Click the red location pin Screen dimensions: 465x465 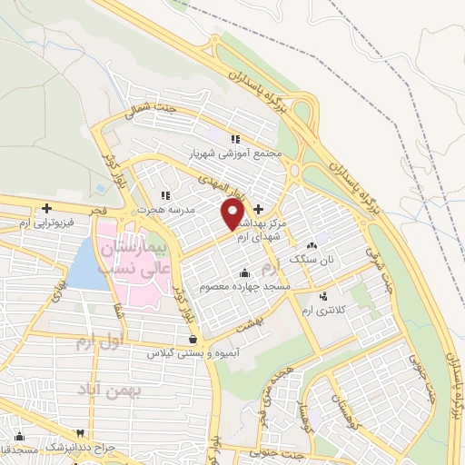(x=232, y=213)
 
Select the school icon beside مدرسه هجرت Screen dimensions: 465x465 (x=164, y=194)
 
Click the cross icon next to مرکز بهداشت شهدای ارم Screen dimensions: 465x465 (x=259, y=209)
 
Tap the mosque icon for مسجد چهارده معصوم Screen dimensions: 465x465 (x=243, y=273)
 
